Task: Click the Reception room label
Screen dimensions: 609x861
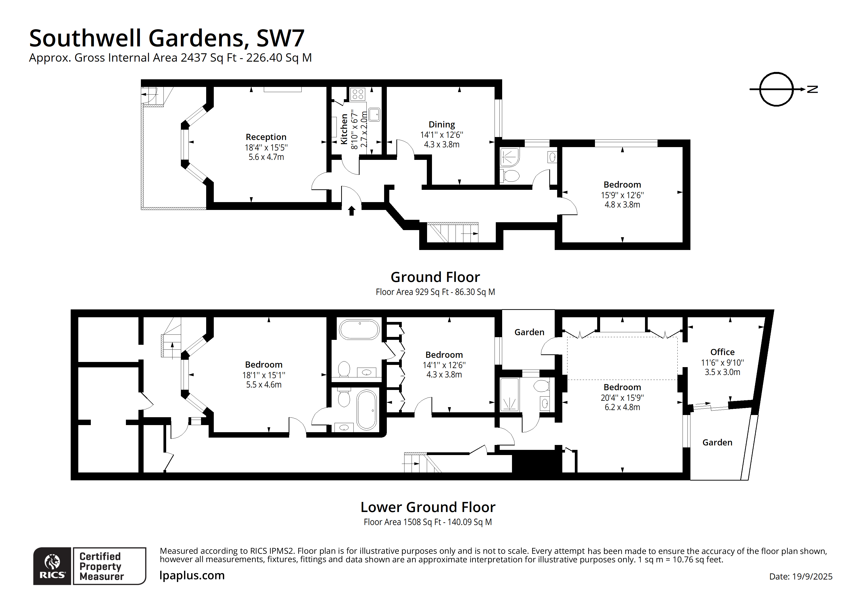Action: [x=266, y=137]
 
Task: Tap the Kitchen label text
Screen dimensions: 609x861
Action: [x=344, y=129]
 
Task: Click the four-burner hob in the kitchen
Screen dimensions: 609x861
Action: [x=358, y=94]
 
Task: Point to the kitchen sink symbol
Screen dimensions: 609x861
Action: [x=374, y=114]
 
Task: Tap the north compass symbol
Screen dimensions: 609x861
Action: [x=776, y=89]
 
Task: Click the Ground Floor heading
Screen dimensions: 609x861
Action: [x=435, y=277]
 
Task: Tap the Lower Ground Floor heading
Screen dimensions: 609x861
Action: [x=428, y=507]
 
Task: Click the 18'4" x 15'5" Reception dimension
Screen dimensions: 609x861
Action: [x=266, y=148]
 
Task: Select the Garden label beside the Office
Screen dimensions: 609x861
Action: [x=717, y=443]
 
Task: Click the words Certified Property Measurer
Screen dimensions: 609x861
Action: [x=101, y=566]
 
